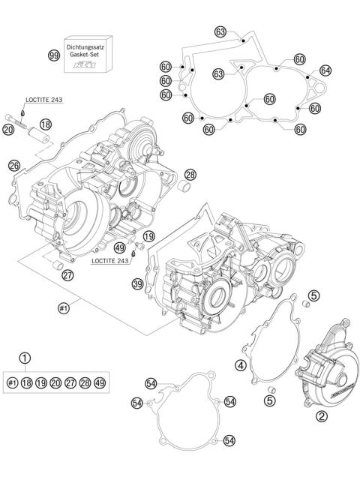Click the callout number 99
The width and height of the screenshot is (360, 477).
54,55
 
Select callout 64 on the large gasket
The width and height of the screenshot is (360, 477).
325,70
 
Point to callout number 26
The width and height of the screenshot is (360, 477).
14,166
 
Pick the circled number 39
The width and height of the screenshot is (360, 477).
137,283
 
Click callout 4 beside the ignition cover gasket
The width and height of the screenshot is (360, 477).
241,365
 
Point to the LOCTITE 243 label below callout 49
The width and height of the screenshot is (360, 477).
113,262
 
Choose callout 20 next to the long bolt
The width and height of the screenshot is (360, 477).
8,130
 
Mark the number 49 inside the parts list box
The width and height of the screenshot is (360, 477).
99,382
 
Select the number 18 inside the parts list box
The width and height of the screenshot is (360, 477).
27,382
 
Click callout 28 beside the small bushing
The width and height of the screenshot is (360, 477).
190,174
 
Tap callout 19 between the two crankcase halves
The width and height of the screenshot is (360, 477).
148,235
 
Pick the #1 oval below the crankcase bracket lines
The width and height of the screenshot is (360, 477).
64,307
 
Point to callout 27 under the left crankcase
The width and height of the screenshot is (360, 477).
68,275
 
